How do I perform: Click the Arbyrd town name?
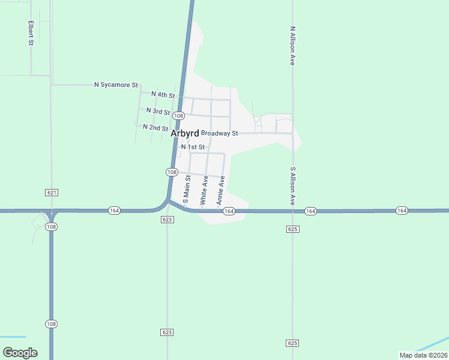point(185,133)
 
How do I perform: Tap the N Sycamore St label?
point(116,85)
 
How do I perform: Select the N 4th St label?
point(163,95)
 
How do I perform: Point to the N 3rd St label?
point(158,112)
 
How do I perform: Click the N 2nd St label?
point(155,128)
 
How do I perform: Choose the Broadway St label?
point(220,133)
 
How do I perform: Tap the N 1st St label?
point(193,147)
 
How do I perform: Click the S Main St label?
point(187,190)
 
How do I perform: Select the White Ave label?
point(204,190)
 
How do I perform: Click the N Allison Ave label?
point(292,45)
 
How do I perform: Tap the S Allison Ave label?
point(293,186)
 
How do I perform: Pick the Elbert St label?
point(30,33)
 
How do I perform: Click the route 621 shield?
point(52,192)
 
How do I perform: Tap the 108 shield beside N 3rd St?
point(178,115)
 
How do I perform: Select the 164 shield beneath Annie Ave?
point(229,211)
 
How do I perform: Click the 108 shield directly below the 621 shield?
point(52,227)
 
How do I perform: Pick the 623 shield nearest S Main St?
point(167,220)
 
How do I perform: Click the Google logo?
point(20,353)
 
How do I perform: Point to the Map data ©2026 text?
point(423,355)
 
